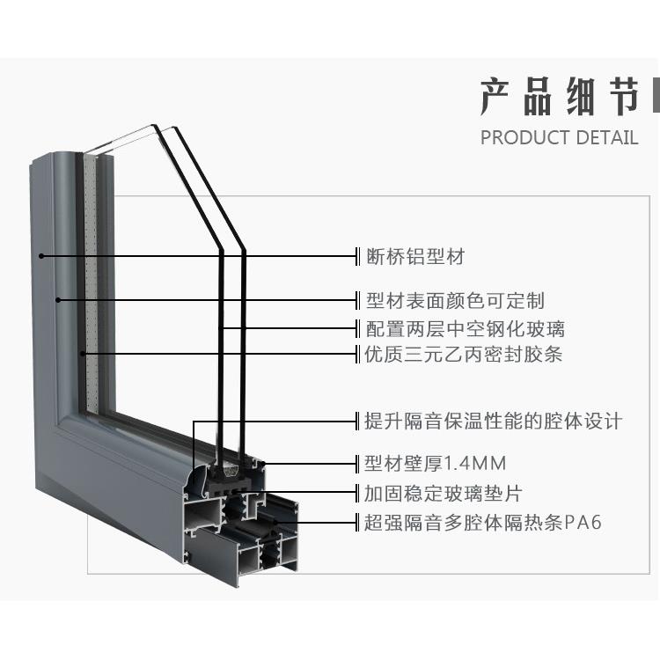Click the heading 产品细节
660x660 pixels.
click(560, 98)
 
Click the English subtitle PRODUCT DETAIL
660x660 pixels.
click(559, 137)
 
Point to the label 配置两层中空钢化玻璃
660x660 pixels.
click(465, 329)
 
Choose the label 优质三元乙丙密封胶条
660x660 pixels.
click(464, 355)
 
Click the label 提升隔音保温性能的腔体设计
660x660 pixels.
click(493, 421)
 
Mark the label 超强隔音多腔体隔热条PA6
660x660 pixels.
click(483, 523)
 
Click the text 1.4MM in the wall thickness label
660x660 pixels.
click(476, 463)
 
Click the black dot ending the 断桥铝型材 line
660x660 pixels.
click(40, 257)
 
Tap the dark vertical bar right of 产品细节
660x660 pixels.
click(654, 98)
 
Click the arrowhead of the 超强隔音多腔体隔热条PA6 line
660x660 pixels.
click(275, 523)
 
